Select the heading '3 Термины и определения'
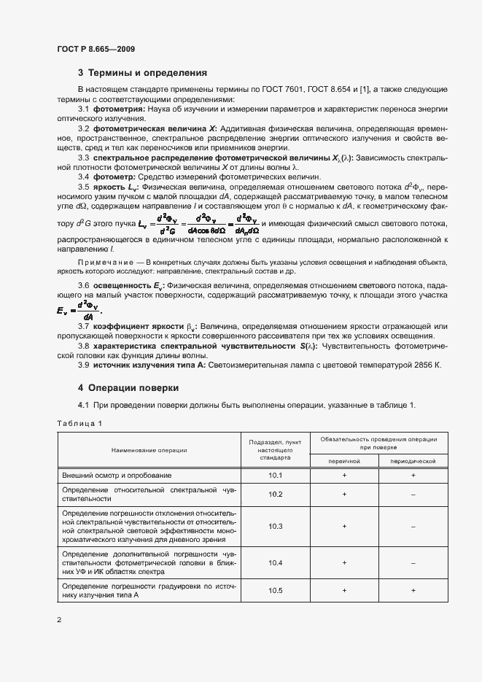click(x=143, y=73)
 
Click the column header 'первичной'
click(x=344, y=461)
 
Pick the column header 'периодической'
click(x=413, y=461)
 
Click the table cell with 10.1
click(x=275, y=475)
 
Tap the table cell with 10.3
click(x=275, y=526)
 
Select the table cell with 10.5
click(x=275, y=589)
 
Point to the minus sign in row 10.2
click(x=413, y=495)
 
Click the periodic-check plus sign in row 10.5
click(x=413, y=589)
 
